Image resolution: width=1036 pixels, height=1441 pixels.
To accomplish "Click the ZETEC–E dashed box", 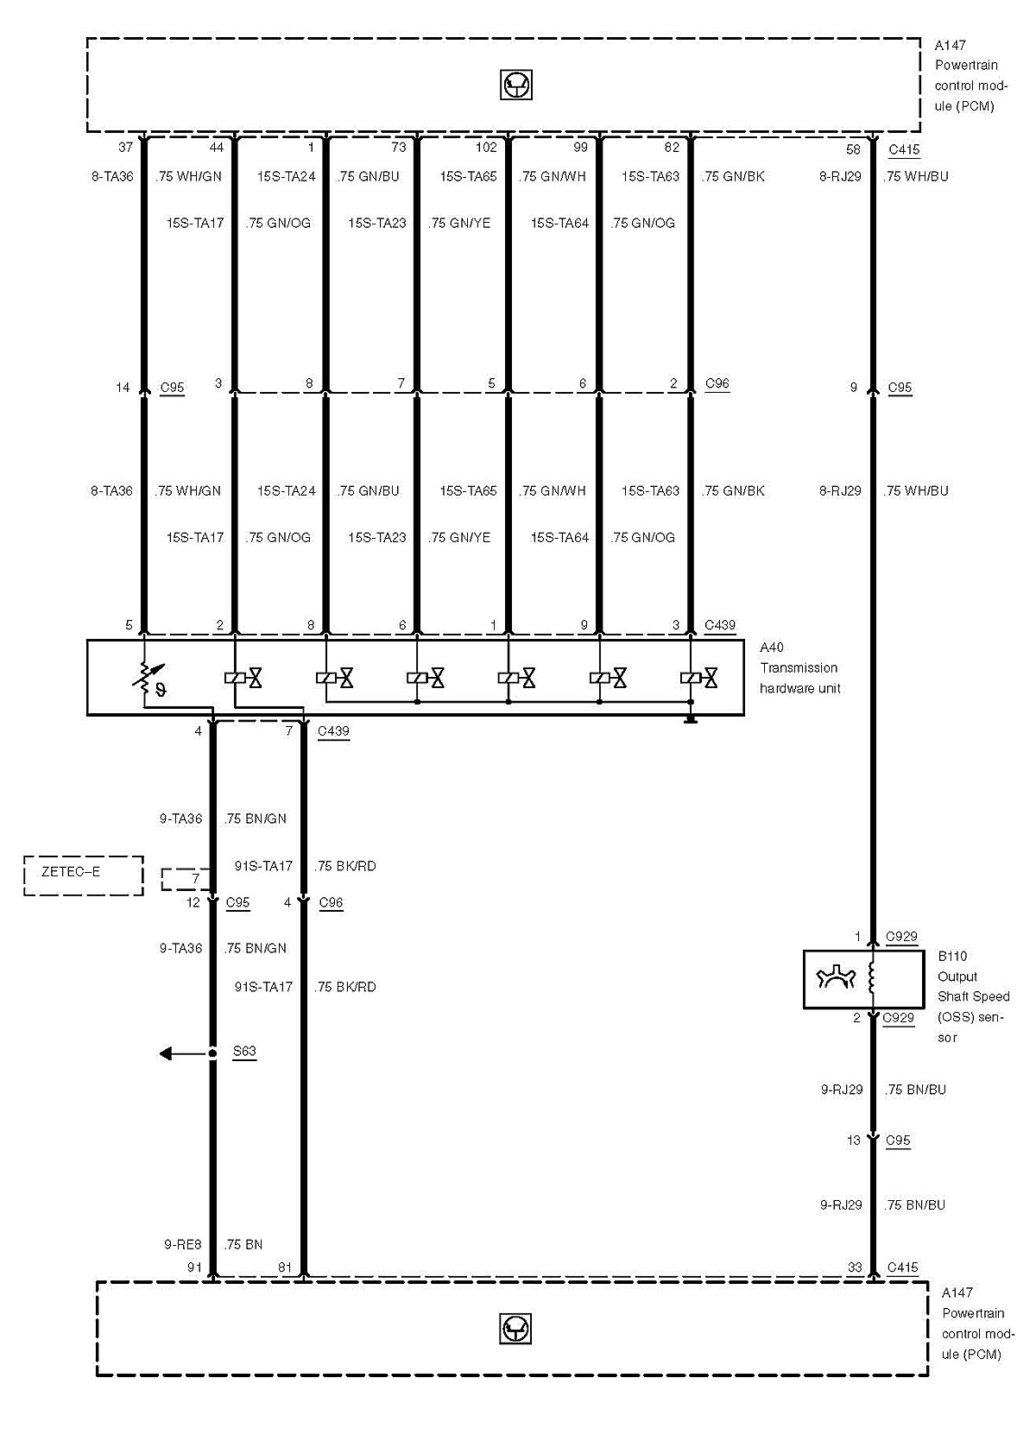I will pyautogui.click(x=83, y=875).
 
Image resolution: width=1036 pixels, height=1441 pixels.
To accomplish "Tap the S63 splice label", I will pyautogui.click(x=244, y=1052).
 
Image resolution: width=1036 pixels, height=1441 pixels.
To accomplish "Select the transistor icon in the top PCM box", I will pyautogui.click(x=516, y=85).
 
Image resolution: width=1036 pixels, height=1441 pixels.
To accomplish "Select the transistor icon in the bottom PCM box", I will pyautogui.click(x=515, y=1329).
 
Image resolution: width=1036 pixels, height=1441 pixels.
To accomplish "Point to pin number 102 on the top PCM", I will pyautogui.click(x=486, y=148).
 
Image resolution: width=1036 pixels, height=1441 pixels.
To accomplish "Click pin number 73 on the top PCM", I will pyautogui.click(x=398, y=148).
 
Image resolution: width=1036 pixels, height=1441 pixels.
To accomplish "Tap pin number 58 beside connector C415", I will pyautogui.click(x=853, y=149).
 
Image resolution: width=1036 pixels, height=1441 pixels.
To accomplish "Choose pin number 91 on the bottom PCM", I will pyautogui.click(x=194, y=1267).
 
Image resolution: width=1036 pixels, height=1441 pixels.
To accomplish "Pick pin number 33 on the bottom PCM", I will pyautogui.click(x=854, y=1267).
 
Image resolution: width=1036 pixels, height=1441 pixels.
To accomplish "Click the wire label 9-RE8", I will pyautogui.click(x=182, y=1245).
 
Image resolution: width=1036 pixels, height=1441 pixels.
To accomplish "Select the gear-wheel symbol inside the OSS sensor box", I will pyautogui.click(x=835, y=979).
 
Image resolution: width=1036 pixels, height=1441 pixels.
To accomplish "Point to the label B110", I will pyautogui.click(x=952, y=957).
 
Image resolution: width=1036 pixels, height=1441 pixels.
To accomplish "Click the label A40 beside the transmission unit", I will pyautogui.click(x=772, y=648).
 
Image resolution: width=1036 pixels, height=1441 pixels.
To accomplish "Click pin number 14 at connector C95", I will pyautogui.click(x=123, y=388).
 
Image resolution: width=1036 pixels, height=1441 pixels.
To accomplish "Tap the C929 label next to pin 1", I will pyautogui.click(x=901, y=937).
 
